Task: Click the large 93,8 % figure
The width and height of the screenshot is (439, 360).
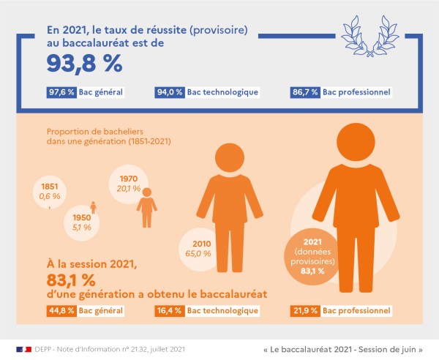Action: (x=84, y=64)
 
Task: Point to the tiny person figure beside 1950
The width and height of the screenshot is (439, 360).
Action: (x=93, y=207)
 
